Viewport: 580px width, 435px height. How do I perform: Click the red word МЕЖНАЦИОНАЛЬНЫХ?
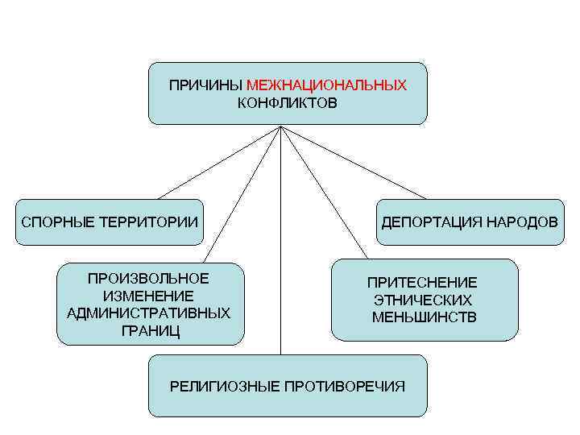point(326,85)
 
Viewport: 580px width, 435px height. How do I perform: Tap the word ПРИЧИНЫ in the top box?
point(205,85)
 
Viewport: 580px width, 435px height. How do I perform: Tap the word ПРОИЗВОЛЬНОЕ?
point(149,279)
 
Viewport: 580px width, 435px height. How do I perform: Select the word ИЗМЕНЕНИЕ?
point(149,296)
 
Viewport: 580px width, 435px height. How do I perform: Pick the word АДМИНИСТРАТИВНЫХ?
point(149,313)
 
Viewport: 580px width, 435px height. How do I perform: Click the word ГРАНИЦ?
point(149,329)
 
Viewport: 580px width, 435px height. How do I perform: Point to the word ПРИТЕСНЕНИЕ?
point(422,283)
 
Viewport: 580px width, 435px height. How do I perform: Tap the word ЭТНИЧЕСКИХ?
point(423,300)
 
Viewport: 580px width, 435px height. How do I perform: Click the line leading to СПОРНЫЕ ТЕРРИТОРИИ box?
point(217,163)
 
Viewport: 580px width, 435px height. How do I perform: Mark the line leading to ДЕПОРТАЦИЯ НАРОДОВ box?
point(354,163)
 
